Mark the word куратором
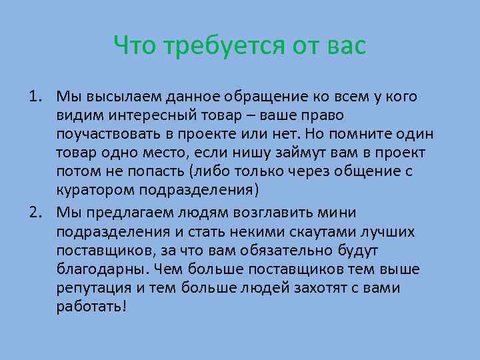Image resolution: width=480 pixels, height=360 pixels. [x=97, y=189]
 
